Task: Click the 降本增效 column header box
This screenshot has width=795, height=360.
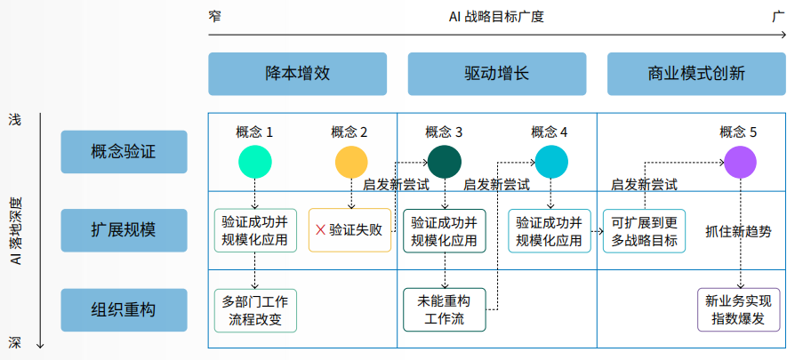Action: point(297,74)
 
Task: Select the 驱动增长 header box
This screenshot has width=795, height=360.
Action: point(497,74)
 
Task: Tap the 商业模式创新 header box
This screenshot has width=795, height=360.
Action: point(696,74)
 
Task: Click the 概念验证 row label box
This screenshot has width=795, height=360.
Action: point(124,152)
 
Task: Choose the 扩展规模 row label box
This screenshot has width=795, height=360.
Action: point(124,230)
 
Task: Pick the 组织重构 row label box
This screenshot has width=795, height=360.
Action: point(124,310)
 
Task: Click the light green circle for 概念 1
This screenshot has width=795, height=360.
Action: point(255,163)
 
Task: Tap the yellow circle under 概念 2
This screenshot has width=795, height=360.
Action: point(351,163)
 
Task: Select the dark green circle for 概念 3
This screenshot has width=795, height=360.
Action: point(445,163)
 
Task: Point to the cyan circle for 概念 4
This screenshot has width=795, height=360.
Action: point(551,163)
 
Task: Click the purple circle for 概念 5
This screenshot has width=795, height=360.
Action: point(740,163)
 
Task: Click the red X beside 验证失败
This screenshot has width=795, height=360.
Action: point(320,230)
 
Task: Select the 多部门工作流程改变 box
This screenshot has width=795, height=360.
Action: point(255,310)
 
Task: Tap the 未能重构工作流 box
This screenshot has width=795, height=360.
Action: point(445,310)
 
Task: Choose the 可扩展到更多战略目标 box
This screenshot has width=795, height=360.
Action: point(645,231)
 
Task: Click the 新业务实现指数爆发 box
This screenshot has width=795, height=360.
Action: point(739,310)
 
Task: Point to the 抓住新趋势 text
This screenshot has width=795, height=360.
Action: point(739,231)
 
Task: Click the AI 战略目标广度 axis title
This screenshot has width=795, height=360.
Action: point(496,17)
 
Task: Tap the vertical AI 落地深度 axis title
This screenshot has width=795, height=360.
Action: point(16,231)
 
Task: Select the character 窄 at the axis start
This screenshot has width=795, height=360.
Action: point(215,16)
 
